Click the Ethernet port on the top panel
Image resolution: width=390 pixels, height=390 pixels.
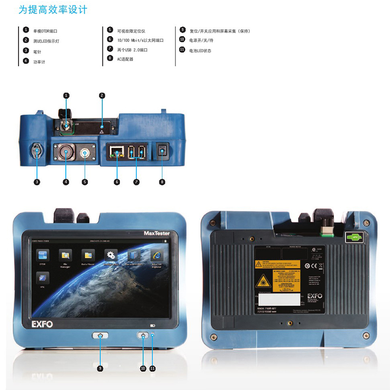tap(117, 152)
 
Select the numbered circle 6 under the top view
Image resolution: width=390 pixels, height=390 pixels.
tap(117, 182)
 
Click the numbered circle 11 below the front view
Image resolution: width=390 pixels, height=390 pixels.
tap(153, 369)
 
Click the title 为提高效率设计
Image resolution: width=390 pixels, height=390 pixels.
tap(52, 10)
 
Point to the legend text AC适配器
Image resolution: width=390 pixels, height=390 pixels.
tap(125, 59)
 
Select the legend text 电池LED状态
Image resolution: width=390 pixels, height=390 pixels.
tap(200, 51)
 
